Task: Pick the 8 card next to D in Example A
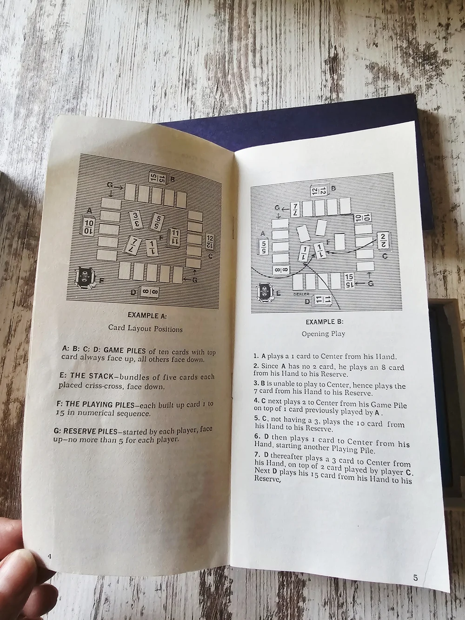tap(148, 292)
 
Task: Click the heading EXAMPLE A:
tap(147, 315)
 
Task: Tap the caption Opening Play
tap(323, 334)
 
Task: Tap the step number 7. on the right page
tap(258, 455)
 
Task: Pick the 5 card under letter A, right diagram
tap(264, 246)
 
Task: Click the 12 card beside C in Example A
tap(210, 243)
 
